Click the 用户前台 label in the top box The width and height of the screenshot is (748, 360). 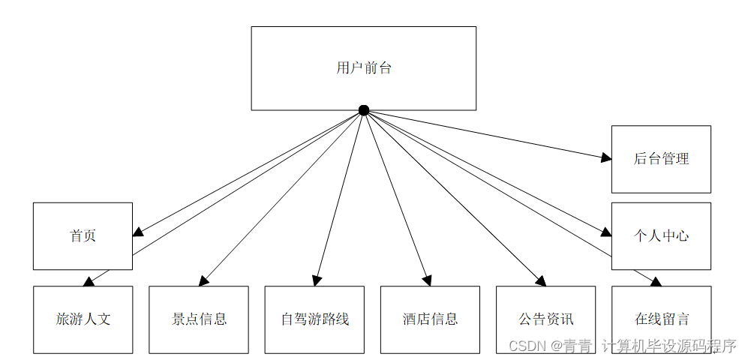pyautogui.click(x=364, y=68)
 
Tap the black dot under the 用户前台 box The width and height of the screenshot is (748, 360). pyautogui.click(x=364, y=110)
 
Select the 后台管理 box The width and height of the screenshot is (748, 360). pyautogui.click(x=661, y=159)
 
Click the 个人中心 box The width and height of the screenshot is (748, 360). pyautogui.click(x=661, y=235)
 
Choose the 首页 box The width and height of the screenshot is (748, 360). pyautogui.click(x=83, y=235)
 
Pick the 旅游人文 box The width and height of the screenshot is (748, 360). pyautogui.click(x=83, y=319)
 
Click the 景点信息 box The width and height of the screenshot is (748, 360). pyautogui.click(x=199, y=319)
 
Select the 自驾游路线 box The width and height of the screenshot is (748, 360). pyautogui.click(x=314, y=319)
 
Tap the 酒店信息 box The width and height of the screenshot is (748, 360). pyautogui.click(x=430, y=319)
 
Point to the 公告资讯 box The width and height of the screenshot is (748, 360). pyautogui.click(x=545, y=319)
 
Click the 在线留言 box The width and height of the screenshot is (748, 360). pyautogui.click(x=661, y=319)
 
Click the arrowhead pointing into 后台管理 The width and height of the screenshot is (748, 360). pyautogui.click(x=606, y=157)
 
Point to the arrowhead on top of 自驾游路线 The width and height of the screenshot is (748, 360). pyautogui.click(x=317, y=280)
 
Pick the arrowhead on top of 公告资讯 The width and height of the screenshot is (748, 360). pyautogui.click(x=540, y=281)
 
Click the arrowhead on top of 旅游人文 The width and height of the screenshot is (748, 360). pyautogui.click(x=88, y=282)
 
